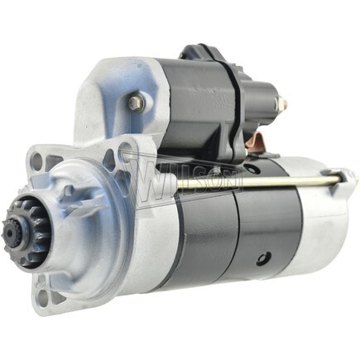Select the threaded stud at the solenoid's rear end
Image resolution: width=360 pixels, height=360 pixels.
coord(281,104)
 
